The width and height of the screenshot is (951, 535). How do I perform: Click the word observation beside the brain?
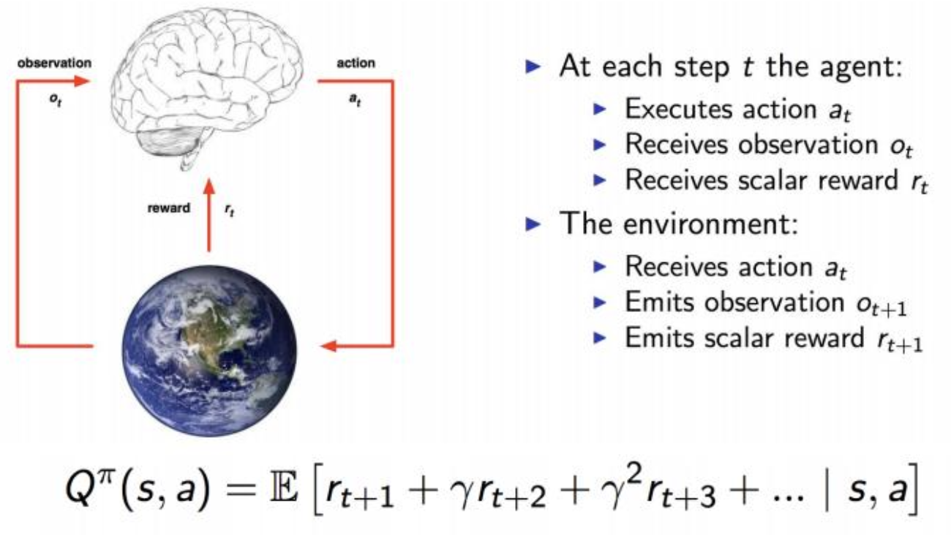click(56, 63)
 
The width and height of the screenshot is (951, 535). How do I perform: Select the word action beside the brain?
click(356, 63)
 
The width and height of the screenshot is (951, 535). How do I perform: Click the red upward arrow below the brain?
click(209, 219)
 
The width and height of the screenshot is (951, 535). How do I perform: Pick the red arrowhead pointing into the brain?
click(86, 81)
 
